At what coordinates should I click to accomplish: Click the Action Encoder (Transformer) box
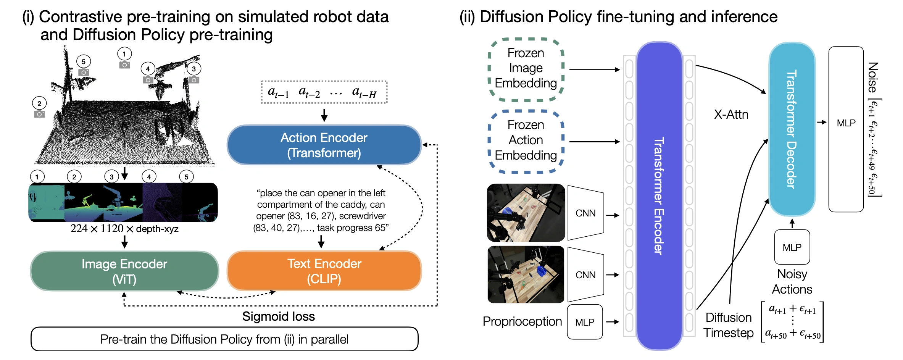click(324, 145)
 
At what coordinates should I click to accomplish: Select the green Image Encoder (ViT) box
click(124, 271)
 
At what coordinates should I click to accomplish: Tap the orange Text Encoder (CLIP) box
click(324, 271)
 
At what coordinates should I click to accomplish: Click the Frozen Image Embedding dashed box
click(526, 69)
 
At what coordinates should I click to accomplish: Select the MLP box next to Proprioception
click(585, 322)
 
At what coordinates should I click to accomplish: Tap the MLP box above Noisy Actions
click(792, 247)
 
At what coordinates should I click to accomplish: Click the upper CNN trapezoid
click(585, 213)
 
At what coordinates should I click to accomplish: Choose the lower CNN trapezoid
click(585, 275)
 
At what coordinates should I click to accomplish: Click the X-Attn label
click(731, 115)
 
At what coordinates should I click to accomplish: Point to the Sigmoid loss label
click(278, 316)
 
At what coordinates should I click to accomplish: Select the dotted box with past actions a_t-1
click(324, 92)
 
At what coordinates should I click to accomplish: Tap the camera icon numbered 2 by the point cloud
click(39, 114)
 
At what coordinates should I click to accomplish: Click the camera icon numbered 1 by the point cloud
click(124, 65)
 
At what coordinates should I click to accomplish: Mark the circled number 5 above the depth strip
click(186, 177)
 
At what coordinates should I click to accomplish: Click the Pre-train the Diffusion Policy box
click(224, 339)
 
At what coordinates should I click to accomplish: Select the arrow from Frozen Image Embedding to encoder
click(594, 69)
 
